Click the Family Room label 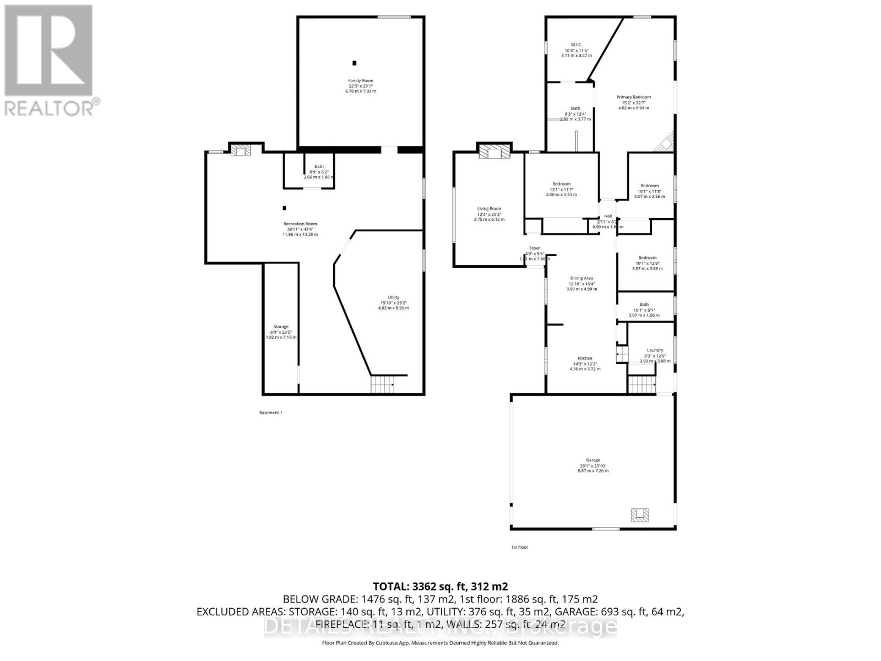click(360, 81)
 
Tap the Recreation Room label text click(300, 224)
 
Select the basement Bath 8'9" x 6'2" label click(319, 166)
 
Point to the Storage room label click(281, 327)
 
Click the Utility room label click(393, 297)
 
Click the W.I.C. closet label click(577, 45)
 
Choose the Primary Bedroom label click(633, 97)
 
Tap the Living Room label click(489, 209)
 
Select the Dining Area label click(581, 279)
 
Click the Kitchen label click(585, 359)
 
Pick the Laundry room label click(655, 350)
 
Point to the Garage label click(593, 460)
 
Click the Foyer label click(535, 248)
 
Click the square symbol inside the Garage click(640, 515)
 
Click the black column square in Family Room click(355, 63)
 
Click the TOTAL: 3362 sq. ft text click(440, 587)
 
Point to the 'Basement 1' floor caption click(270, 413)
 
